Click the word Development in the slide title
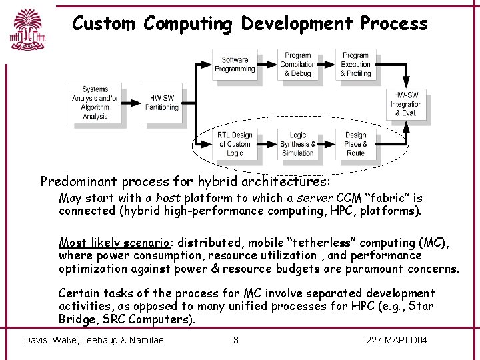coord(297,23)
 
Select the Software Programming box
coord(234,64)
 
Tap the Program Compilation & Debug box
coord(297,64)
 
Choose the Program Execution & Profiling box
coord(355,64)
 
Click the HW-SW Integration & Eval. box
coord(406,105)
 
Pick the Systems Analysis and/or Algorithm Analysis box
coord(95,103)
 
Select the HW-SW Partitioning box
coord(162,103)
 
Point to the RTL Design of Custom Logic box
coord(234,144)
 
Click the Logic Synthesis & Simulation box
coord(297,144)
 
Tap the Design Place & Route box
coord(355,144)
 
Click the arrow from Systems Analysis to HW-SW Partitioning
coord(133,103)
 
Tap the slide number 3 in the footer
coord(235,340)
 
